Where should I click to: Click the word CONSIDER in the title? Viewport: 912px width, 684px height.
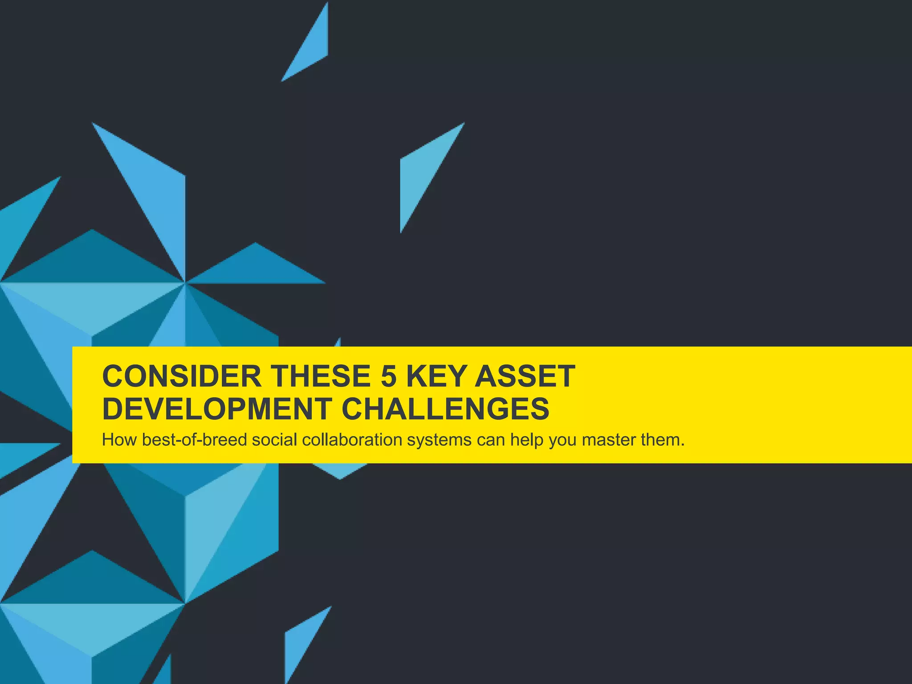[x=182, y=376]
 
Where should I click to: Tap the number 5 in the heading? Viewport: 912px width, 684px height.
[x=388, y=376]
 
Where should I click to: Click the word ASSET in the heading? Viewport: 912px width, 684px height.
[x=525, y=376]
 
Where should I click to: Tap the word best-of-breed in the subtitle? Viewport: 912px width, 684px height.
[x=195, y=440]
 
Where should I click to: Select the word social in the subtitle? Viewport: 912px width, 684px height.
[x=274, y=440]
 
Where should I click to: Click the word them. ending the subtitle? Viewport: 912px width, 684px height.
[x=662, y=440]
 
